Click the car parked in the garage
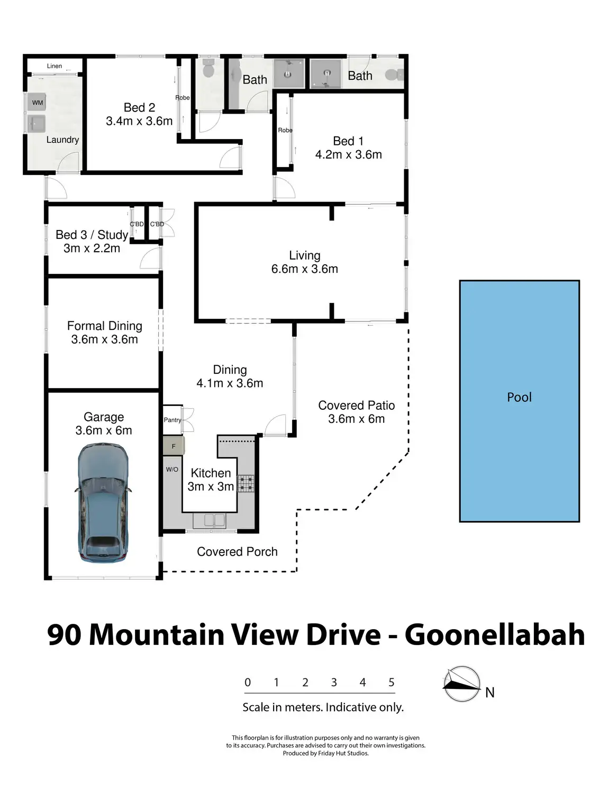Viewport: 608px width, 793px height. [103, 502]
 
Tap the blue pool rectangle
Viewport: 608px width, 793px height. [519, 401]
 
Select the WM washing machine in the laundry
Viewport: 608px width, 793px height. [37, 102]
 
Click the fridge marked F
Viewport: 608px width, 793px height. [174, 446]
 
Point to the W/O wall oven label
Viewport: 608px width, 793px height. [172, 469]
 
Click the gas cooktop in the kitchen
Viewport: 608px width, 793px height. [246, 483]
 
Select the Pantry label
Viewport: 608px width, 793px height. [173, 420]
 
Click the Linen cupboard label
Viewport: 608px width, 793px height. [55, 66]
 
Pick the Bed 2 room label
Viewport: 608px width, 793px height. [139, 107]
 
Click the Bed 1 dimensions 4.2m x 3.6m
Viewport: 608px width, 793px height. [348, 154]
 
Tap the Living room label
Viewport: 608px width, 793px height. [305, 255]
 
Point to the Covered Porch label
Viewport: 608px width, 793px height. [237, 551]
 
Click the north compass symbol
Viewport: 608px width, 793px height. [461, 684]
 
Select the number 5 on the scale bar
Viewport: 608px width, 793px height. [392, 681]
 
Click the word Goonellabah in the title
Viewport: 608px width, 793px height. [494, 635]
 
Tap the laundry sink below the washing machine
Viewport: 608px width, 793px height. [37, 124]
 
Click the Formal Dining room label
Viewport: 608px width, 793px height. [104, 326]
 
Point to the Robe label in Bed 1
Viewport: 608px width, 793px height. [285, 130]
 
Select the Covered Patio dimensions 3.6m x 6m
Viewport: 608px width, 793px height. [356, 419]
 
